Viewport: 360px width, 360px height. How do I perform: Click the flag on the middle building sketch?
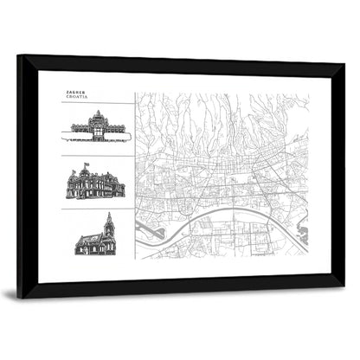pyautogui.click(x=85, y=164)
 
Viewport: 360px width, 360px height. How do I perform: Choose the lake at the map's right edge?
pyautogui.click(x=302, y=231)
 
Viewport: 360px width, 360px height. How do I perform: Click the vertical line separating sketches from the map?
pyautogui.click(x=135, y=173)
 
